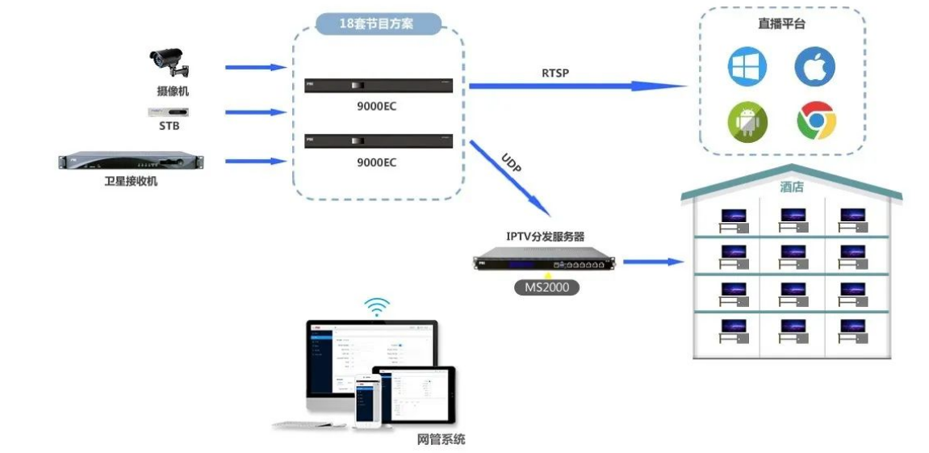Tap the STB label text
pos(169,126)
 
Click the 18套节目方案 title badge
pos(378,23)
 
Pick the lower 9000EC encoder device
pos(378,141)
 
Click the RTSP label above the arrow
pos(555,73)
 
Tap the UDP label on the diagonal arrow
pos(512,162)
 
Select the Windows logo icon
pos(747,67)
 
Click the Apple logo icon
pos(814,67)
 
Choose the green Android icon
pos(747,122)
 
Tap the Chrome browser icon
pos(815,122)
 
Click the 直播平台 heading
pos(781,24)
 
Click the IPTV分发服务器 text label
pos(546,237)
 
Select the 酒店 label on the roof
pos(791,187)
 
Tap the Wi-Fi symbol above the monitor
pos(376,306)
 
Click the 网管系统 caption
pos(441,439)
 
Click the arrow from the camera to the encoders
pos(256,67)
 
